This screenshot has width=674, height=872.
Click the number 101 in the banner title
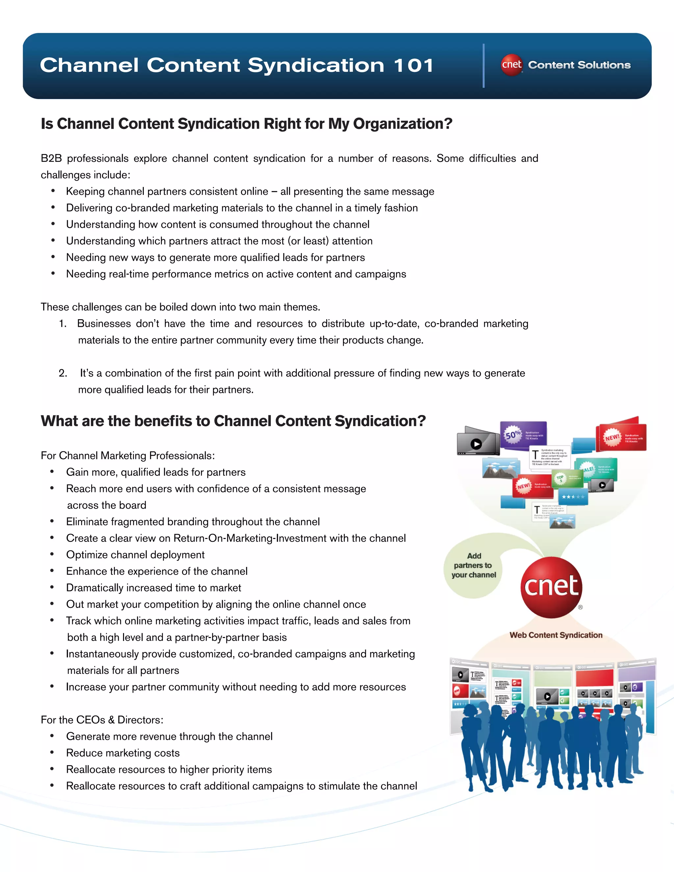[413, 65]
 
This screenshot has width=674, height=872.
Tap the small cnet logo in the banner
[511, 65]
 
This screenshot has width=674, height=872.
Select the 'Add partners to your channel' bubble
[474, 565]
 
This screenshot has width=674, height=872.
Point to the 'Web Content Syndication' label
[556, 635]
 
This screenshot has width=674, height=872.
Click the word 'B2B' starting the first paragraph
[51, 159]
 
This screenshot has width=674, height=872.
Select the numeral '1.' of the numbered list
[63, 324]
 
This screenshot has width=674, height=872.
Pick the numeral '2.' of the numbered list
[63, 373]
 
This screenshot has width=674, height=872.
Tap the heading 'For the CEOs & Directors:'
[102, 720]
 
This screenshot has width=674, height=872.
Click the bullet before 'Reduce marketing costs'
[52, 753]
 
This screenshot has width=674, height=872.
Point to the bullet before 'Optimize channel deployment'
[52, 554]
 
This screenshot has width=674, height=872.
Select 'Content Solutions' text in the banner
[579, 65]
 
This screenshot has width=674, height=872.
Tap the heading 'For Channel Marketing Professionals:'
[128, 455]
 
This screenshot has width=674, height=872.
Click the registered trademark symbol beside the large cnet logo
[581, 607]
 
